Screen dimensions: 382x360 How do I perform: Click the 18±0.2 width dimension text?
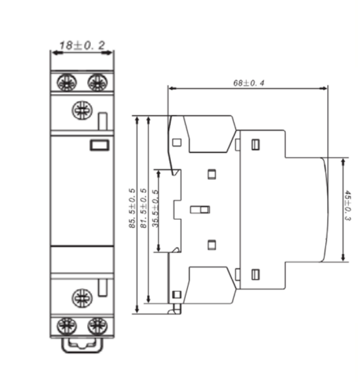(82, 45)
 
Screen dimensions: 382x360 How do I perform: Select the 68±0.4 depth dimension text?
(248, 83)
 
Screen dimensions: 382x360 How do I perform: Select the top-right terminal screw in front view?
(96, 81)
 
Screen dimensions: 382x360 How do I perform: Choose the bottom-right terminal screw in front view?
(96, 327)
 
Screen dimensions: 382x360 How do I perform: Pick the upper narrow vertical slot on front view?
(104, 121)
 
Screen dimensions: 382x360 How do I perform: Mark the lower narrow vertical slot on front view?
(104, 287)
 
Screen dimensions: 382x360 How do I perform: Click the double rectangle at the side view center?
(199, 210)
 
